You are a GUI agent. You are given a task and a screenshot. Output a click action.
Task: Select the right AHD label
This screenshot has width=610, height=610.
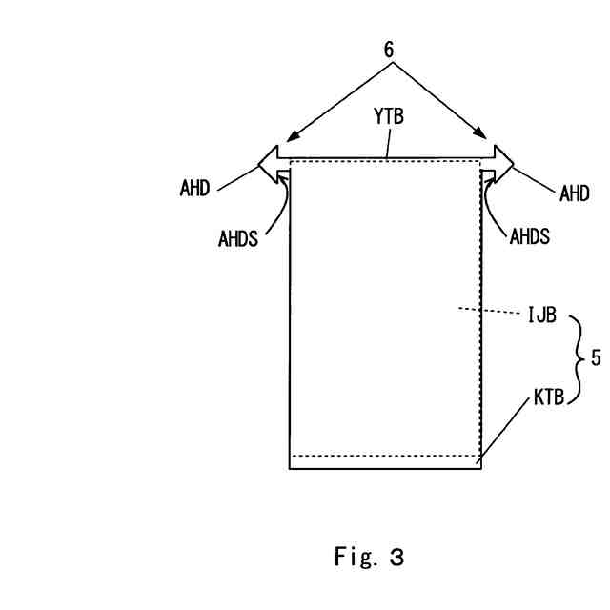click(x=574, y=193)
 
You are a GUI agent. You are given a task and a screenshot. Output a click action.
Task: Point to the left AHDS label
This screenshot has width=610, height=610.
click(x=238, y=238)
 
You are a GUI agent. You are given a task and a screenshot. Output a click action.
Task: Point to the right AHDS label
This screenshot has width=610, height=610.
click(x=530, y=236)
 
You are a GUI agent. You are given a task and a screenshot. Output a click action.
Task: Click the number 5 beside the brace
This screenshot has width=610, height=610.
click(x=596, y=358)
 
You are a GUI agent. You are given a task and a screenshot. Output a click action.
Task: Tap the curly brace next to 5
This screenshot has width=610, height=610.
click(x=577, y=360)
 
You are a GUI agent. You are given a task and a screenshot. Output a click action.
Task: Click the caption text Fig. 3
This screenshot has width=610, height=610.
click(x=369, y=558)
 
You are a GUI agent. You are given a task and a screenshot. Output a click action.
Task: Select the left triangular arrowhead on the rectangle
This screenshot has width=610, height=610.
click(x=269, y=160)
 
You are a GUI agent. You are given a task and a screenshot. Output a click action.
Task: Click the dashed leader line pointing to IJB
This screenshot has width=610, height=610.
click(x=490, y=311)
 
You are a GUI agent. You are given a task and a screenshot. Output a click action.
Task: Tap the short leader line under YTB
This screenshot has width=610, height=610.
click(x=386, y=145)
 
